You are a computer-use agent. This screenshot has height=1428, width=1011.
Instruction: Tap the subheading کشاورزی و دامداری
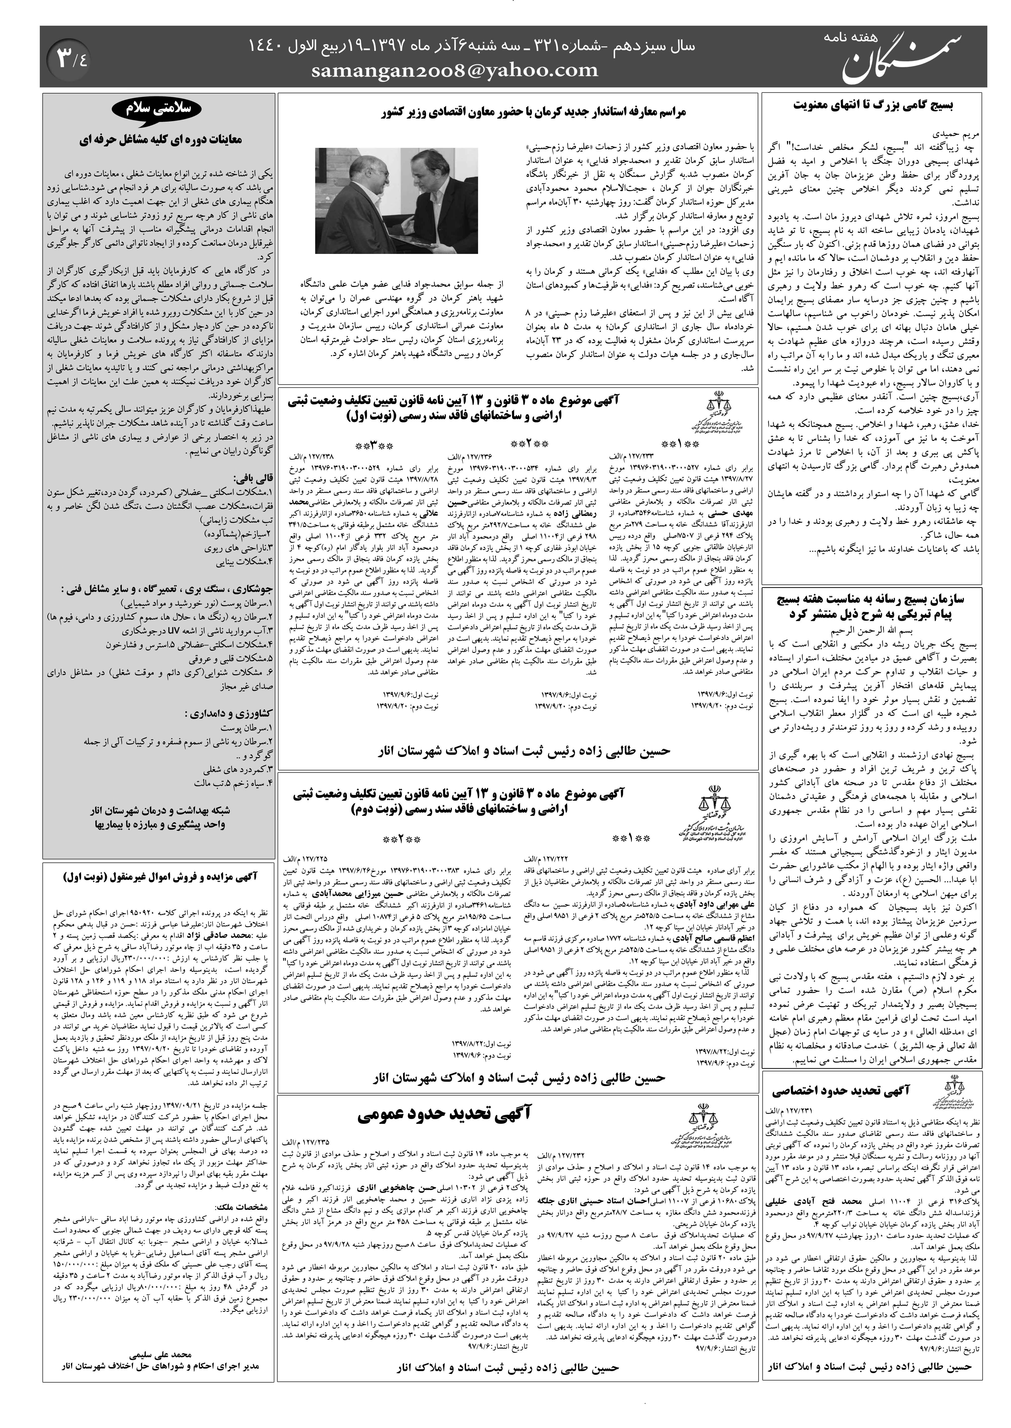click(x=230, y=713)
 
